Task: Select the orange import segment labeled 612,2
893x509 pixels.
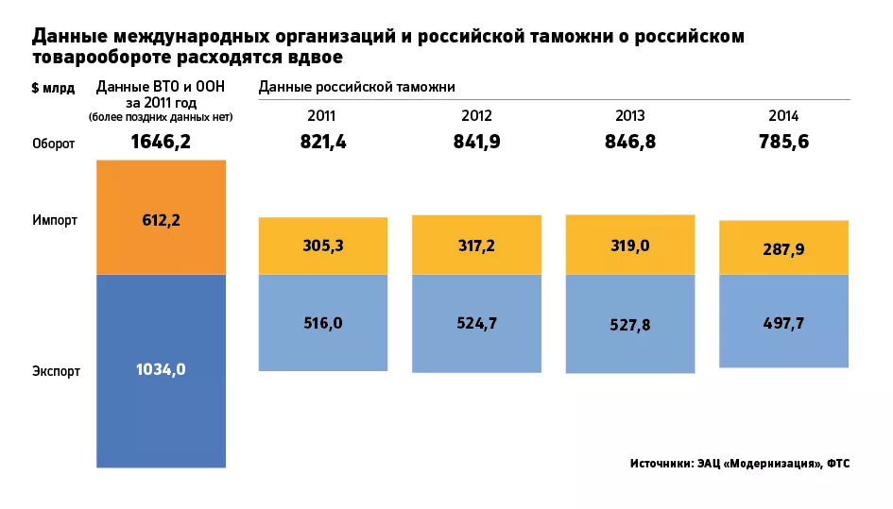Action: pyautogui.click(x=161, y=217)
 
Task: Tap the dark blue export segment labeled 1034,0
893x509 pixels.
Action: pyautogui.click(x=161, y=370)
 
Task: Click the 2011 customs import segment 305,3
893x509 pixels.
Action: pyautogui.click(x=323, y=246)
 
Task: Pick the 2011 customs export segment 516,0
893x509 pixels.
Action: pyautogui.click(x=323, y=322)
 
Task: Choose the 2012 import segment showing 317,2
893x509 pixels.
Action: pyautogui.click(x=476, y=245)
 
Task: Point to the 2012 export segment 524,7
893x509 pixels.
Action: pyautogui.click(x=476, y=322)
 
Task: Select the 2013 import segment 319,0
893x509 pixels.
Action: pyautogui.click(x=630, y=245)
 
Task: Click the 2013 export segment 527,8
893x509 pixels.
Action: pyautogui.click(x=630, y=324)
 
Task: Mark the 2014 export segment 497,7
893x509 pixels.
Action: pyautogui.click(x=783, y=321)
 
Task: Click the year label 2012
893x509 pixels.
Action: pyautogui.click(x=476, y=116)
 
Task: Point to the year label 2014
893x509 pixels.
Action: pyautogui.click(x=783, y=116)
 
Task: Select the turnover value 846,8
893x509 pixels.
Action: pyautogui.click(x=630, y=143)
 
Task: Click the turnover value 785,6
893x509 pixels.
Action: pyautogui.click(x=783, y=143)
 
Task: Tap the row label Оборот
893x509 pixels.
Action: pyautogui.click(x=54, y=144)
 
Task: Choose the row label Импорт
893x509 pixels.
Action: pyautogui.click(x=54, y=219)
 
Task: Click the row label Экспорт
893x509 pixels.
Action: pyautogui.click(x=55, y=371)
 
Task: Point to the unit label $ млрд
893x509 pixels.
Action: pyautogui.click(x=53, y=88)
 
